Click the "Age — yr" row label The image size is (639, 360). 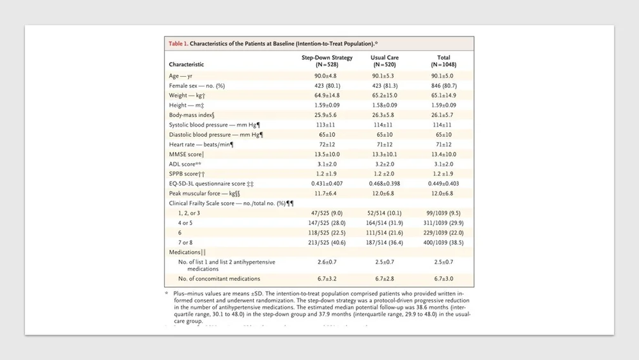(181, 76)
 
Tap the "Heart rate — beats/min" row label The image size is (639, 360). (201, 145)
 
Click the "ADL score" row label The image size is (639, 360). (185, 164)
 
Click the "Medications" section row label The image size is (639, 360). (187, 253)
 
